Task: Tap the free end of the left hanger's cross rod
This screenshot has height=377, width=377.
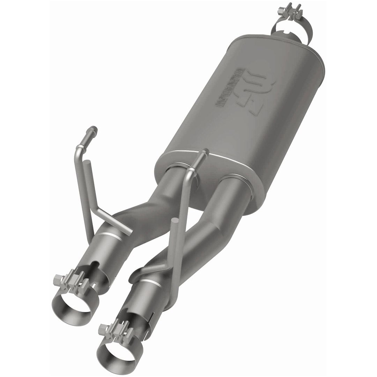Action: pyautogui.click(x=130, y=231)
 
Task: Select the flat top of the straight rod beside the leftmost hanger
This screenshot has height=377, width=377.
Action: pyautogui.click(x=88, y=162)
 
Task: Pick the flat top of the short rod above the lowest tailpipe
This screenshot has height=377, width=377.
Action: pyautogui.click(x=175, y=221)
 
